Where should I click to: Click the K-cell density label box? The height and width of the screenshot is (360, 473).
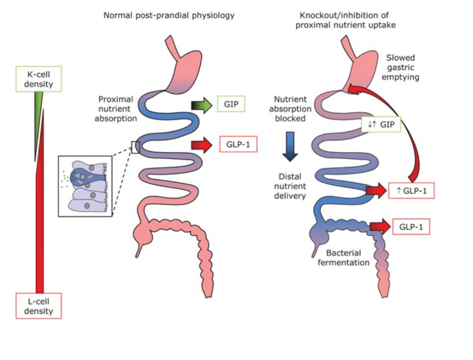pos(38,79)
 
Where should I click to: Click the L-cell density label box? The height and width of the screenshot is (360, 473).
pos(39,305)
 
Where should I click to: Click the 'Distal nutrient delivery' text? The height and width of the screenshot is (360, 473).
pos(290,186)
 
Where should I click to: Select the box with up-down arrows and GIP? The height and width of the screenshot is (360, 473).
pos(380,124)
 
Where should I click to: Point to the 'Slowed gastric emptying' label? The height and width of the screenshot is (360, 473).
pos(401,68)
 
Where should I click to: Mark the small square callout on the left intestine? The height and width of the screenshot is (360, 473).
pos(135,147)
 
